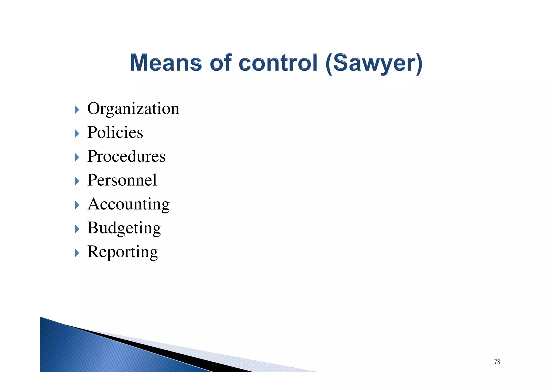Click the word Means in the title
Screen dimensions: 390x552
pyautogui.click(x=166, y=63)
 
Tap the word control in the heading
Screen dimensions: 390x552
pyautogui.click(x=278, y=63)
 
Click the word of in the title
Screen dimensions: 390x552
pyautogui.click(x=221, y=63)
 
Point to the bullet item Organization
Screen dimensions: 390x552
pyautogui.click(x=133, y=109)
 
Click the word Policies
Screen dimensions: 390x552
pyautogui.click(x=115, y=132)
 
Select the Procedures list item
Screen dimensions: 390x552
pyautogui.click(x=126, y=156)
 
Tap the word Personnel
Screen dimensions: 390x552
pyautogui.click(x=122, y=180)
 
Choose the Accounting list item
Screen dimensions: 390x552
pyautogui.click(x=129, y=204)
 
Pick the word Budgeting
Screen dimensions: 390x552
pyautogui.click(x=124, y=228)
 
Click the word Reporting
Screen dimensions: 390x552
pyautogui.click(x=122, y=252)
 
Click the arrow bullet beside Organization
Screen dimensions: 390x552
pyautogui.click(x=77, y=110)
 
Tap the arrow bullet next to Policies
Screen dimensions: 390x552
pyautogui.click(x=77, y=133)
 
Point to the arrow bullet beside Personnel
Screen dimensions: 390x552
pyautogui.click(x=77, y=181)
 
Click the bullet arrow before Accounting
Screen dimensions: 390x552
pyautogui.click(x=77, y=205)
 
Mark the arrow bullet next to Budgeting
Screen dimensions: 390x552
pyautogui.click(x=77, y=229)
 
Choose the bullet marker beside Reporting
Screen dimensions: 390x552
pyautogui.click(x=77, y=253)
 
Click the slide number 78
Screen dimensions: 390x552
pyautogui.click(x=497, y=362)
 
